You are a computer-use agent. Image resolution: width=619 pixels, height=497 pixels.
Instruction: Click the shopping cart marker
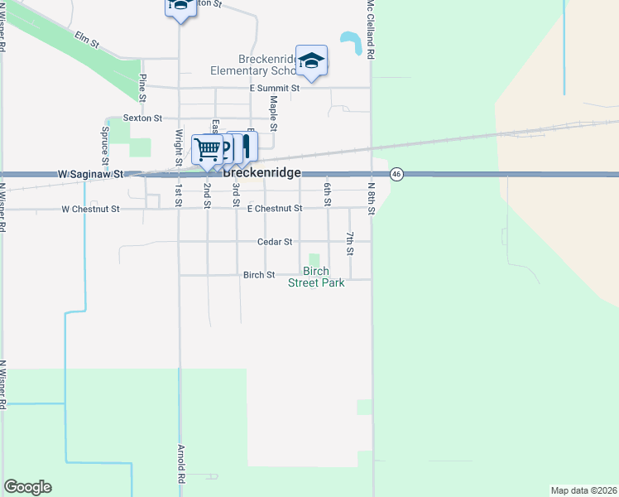tap(207, 150)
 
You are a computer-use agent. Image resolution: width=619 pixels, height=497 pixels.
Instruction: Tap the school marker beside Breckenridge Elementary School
tap(311, 61)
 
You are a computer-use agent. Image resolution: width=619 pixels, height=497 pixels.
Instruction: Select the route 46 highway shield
tap(397, 174)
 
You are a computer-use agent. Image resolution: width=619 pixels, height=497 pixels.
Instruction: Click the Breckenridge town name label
tap(261, 173)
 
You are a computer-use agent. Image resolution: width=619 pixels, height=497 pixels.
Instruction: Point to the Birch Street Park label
tap(315, 277)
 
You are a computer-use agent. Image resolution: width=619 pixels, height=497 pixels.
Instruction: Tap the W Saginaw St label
tap(90, 175)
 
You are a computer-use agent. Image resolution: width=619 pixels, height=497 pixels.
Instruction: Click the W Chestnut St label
tap(90, 209)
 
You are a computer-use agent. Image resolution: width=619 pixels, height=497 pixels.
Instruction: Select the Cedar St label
tap(275, 242)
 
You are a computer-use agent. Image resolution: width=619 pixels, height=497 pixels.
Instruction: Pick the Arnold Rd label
tap(180, 464)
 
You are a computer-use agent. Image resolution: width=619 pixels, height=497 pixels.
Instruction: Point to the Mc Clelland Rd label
tap(372, 29)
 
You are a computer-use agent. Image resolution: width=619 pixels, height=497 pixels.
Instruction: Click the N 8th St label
tap(372, 199)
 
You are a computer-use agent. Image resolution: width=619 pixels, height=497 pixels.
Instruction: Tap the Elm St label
tap(86, 37)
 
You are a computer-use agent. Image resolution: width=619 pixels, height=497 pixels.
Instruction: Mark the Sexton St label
tap(142, 119)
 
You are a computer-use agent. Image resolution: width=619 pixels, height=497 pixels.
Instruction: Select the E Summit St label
tap(274, 88)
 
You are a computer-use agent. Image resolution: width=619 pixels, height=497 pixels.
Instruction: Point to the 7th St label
tap(350, 244)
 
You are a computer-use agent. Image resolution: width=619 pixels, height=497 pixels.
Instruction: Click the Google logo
tap(27, 487)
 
